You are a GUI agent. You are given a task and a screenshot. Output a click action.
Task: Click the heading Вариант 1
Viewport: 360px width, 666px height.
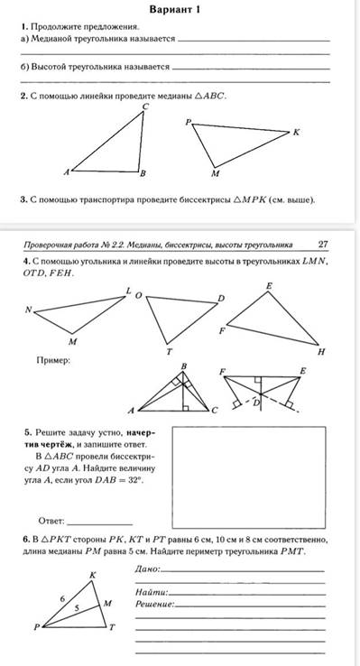(x=174, y=9)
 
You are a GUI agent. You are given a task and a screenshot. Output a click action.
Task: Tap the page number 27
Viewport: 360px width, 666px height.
(x=323, y=245)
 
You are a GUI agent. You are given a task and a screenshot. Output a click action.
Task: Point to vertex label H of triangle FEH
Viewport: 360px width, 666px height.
(x=321, y=351)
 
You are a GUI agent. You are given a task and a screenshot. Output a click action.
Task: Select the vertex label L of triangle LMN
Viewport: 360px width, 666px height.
(x=129, y=291)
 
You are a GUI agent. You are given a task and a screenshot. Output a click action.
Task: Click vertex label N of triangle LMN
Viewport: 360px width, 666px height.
(x=29, y=310)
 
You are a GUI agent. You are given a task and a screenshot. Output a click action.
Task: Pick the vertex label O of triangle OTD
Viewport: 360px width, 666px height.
(x=137, y=295)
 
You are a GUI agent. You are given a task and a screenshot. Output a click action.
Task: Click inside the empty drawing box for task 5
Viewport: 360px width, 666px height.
(x=248, y=477)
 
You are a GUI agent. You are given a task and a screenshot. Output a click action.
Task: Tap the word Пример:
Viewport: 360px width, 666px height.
(x=53, y=360)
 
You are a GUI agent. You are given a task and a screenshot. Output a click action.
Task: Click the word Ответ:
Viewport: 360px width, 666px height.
(x=51, y=521)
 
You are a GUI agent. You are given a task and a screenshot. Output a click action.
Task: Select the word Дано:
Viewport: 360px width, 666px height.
(x=148, y=569)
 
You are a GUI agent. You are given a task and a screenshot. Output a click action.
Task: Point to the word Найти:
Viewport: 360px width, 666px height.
(x=152, y=592)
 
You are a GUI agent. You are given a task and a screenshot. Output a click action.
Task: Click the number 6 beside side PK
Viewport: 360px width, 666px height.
(x=62, y=599)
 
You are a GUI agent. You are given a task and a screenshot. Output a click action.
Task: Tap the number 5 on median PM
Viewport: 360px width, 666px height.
(x=77, y=608)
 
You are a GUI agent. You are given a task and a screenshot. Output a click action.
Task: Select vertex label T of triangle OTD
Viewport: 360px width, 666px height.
(x=170, y=351)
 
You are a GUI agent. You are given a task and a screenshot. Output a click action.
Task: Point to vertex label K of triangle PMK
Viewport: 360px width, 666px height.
(x=296, y=132)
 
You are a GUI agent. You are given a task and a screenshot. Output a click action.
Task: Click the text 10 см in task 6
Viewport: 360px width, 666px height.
(x=224, y=541)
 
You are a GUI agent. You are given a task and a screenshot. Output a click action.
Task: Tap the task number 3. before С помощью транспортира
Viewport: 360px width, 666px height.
(x=23, y=199)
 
